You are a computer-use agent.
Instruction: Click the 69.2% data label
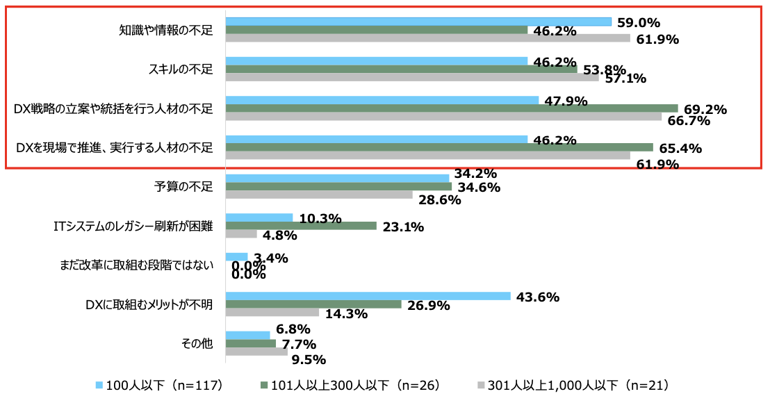tap(705, 109)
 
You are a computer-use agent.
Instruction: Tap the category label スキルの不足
tap(181, 69)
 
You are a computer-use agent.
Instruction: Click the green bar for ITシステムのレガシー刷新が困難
tap(301, 226)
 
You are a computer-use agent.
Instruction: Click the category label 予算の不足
tap(183, 186)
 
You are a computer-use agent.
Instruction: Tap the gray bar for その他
tap(256, 352)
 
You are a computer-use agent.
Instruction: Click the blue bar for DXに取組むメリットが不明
tap(368, 296)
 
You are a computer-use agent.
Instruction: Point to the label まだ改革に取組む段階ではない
tap(138, 265)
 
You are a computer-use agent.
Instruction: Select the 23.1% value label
tap(403, 226)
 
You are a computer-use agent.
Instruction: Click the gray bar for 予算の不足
tap(319, 195)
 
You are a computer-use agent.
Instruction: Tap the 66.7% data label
tap(689, 121)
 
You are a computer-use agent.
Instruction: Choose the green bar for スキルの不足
tap(401, 69)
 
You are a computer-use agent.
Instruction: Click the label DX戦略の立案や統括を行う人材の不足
tap(113, 108)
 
